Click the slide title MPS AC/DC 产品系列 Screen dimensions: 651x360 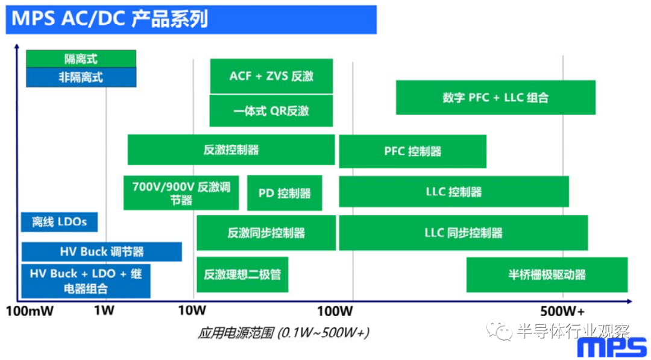110,19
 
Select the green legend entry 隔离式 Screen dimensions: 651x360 81,58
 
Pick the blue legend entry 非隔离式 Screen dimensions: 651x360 81,77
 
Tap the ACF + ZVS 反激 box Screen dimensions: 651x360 271,77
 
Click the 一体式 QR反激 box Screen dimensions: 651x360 271,111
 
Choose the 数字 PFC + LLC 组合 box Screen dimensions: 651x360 495,98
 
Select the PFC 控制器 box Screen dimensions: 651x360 413,151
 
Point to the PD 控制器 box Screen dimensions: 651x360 285,193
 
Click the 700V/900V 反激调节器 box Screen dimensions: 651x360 181,193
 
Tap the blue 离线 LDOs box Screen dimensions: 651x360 59,222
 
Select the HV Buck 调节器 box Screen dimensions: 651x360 102,251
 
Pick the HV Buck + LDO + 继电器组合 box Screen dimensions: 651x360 86,281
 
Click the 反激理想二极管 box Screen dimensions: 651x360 242,274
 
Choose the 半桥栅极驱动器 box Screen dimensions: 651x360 547,274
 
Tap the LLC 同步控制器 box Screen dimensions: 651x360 464,233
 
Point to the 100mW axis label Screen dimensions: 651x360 30,311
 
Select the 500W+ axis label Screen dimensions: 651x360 563,311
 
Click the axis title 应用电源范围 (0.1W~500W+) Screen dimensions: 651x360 283,333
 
